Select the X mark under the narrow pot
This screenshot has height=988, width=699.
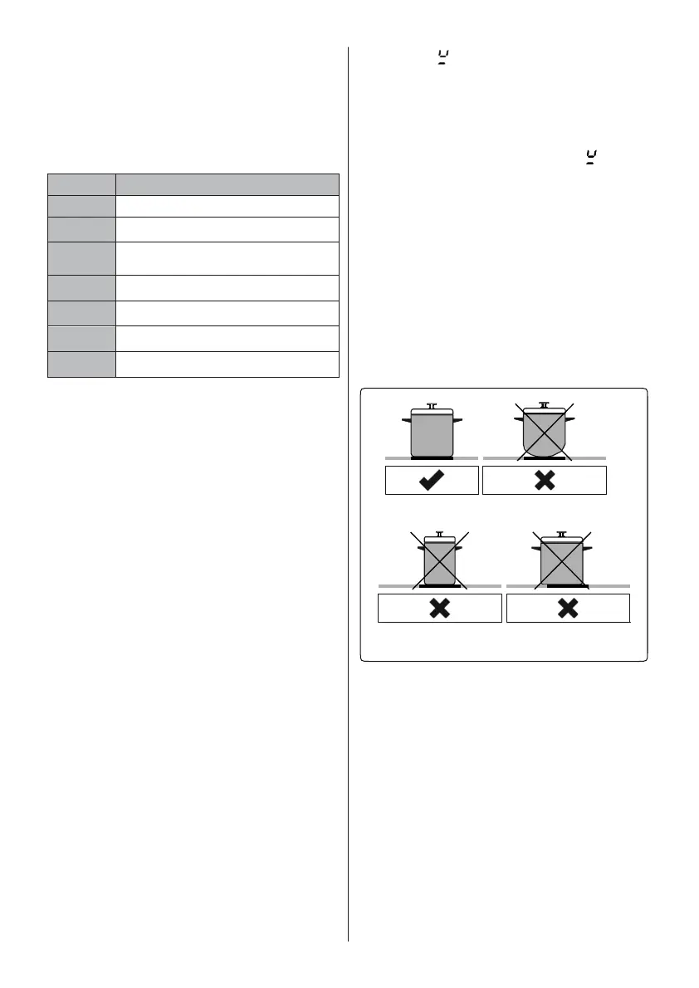pos(439,609)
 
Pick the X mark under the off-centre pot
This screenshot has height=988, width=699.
pos(568,609)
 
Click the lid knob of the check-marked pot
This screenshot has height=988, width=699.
pos(432,406)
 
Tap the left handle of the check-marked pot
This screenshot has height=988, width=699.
pos(406,421)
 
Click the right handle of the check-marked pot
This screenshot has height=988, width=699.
pos(457,421)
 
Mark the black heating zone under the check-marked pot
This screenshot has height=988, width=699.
pos(432,457)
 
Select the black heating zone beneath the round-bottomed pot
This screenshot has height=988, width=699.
pos(544,457)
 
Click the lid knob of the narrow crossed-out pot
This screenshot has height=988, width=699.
pos(440,535)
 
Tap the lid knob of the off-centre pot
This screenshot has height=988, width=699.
pos(562,535)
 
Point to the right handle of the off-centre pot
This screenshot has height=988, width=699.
pos(589,549)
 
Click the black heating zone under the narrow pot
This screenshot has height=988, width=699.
pos(440,585)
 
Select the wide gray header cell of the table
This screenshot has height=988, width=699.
pos(227,184)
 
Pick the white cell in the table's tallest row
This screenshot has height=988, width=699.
pos(227,258)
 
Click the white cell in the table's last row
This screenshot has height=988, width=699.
pos(227,364)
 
